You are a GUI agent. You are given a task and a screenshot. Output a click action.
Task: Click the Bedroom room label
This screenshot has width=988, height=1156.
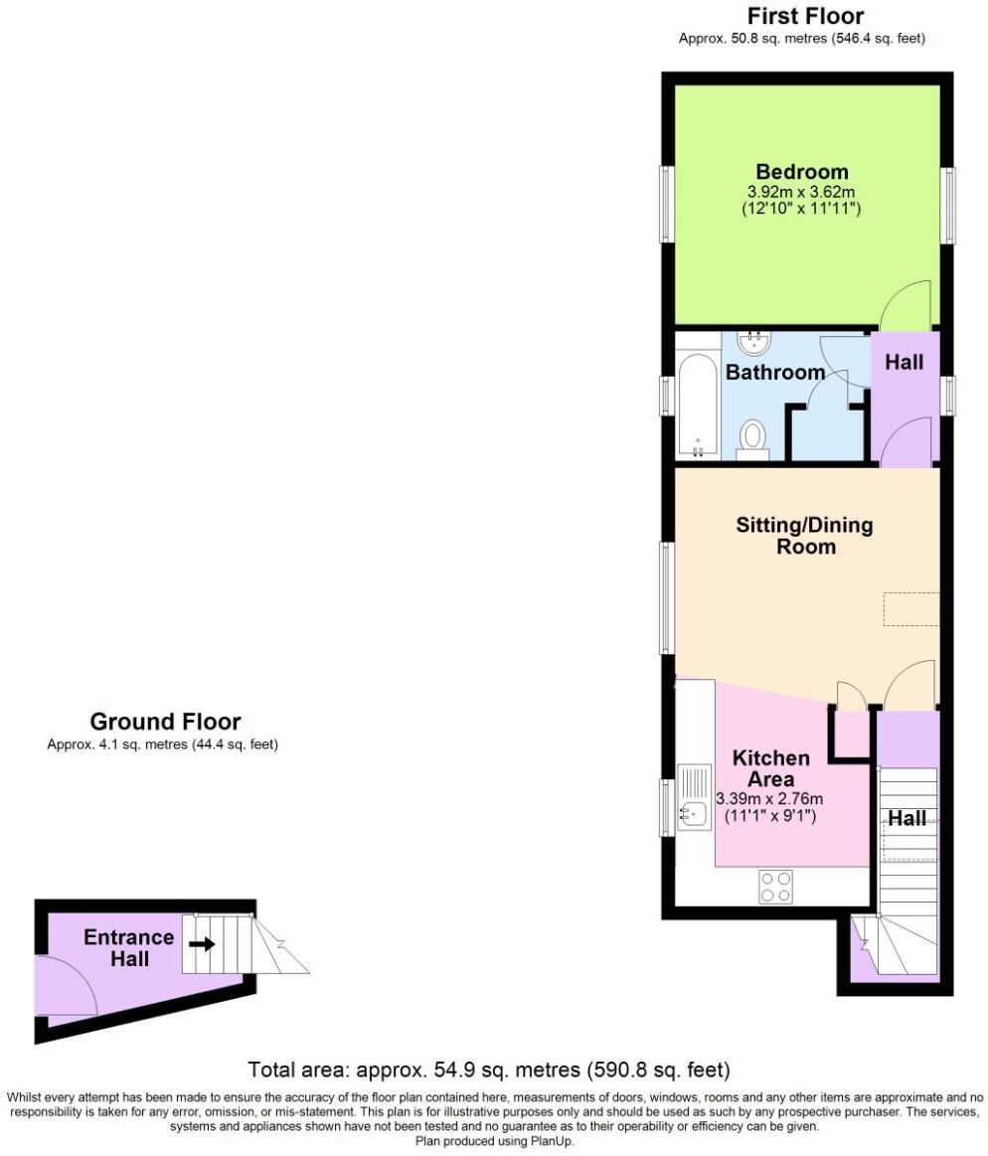click(x=801, y=171)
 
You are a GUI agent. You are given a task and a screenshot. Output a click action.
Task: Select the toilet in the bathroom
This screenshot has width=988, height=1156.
click(x=754, y=437)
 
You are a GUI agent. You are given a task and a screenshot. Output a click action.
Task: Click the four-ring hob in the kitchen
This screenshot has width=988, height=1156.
click(x=775, y=887)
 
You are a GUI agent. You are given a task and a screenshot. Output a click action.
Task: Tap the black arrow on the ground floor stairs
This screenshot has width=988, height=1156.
click(x=203, y=944)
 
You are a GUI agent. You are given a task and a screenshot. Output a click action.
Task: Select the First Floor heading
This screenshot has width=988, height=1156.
click(x=805, y=16)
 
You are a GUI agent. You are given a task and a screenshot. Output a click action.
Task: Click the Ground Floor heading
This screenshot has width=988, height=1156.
click(x=165, y=722)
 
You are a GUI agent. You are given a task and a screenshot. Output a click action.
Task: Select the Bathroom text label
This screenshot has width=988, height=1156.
click(x=775, y=373)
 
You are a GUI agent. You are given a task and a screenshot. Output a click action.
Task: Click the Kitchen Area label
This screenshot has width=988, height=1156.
click(x=770, y=768)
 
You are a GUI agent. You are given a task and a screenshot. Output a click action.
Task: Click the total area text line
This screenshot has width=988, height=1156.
click(x=488, y=1071)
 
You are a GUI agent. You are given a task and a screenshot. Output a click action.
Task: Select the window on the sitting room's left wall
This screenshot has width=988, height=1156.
click(x=666, y=596)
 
